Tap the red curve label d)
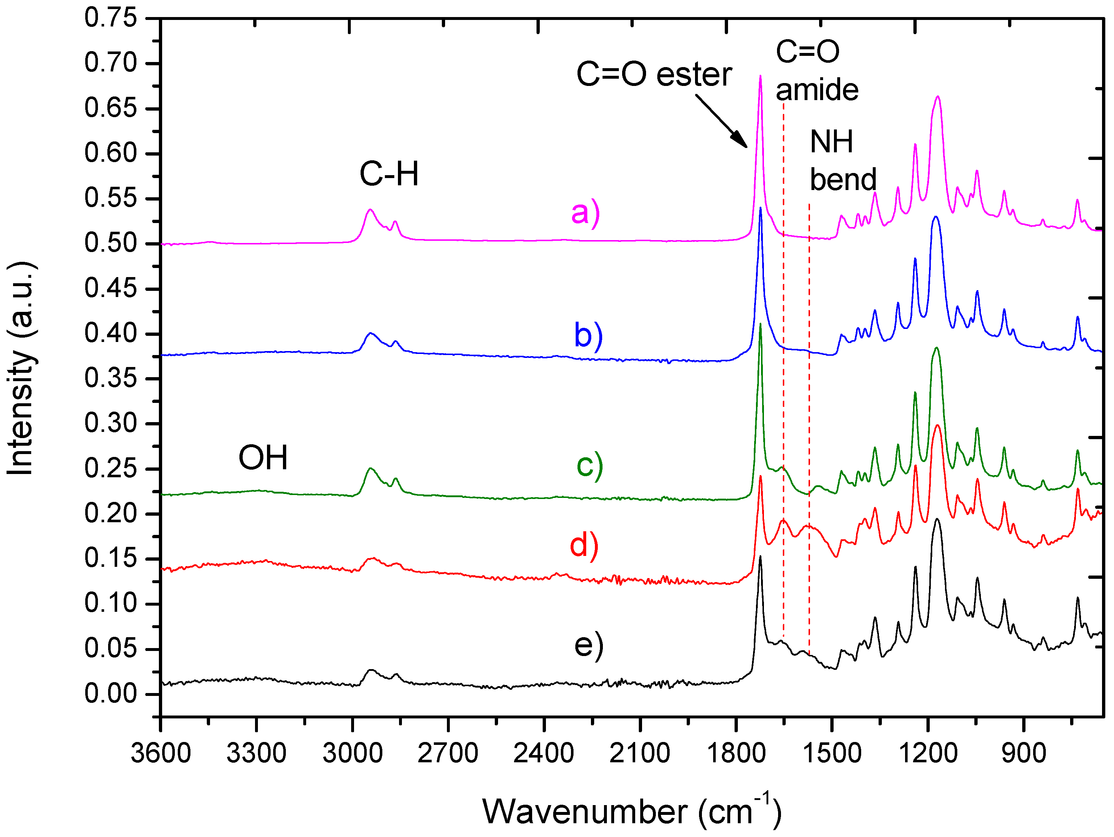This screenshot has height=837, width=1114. click(x=584, y=545)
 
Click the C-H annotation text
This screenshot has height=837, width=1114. click(x=389, y=174)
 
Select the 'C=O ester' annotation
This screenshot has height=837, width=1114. click(x=654, y=75)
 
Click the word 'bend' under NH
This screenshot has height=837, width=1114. click(x=843, y=180)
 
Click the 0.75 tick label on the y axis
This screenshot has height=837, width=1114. click(x=110, y=18)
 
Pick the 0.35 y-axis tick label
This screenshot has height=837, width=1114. click(x=110, y=378)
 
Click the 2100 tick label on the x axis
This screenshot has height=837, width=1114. click(x=640, y=753)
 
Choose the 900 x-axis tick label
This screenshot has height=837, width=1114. click(x=1023, y=753)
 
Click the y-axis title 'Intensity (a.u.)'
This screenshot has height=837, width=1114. click(x=21, y=368)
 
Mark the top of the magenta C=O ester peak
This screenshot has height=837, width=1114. click(x=760, y=77)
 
